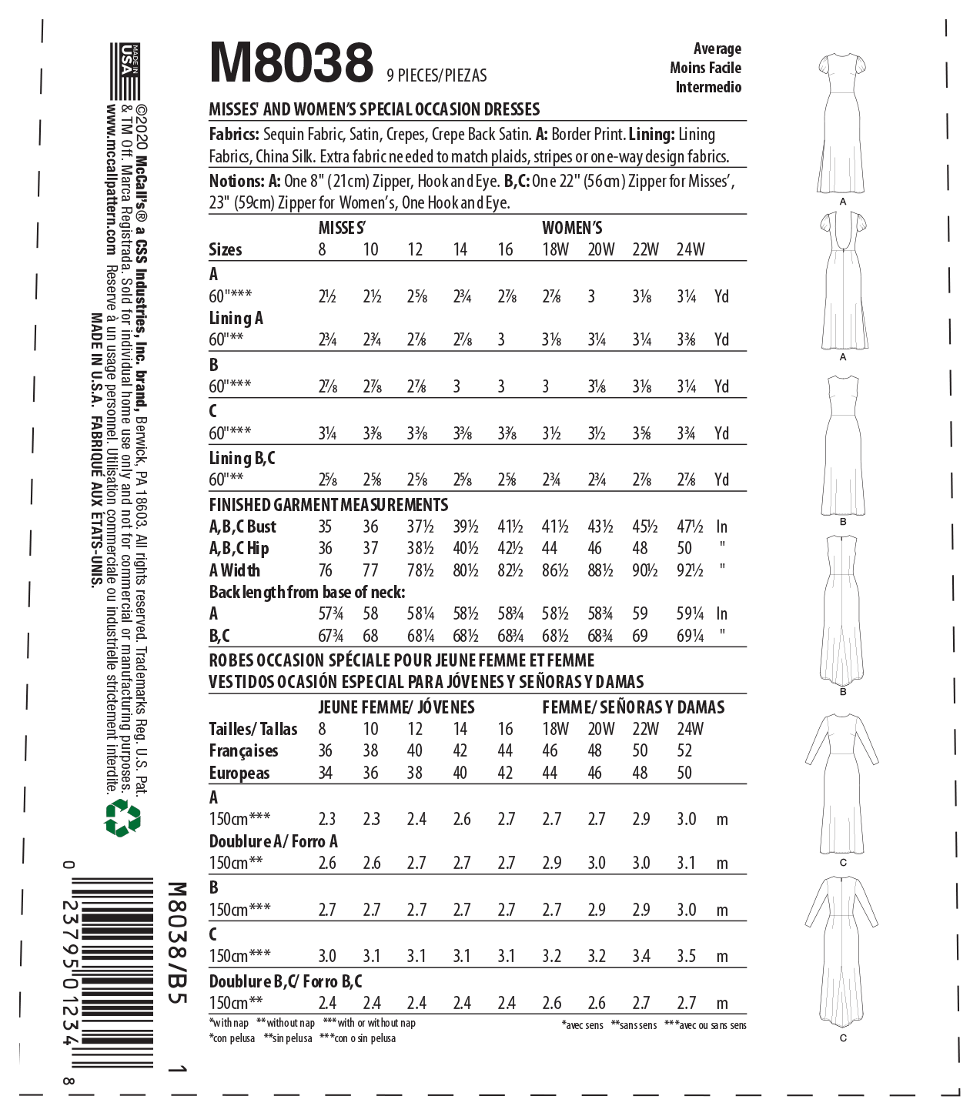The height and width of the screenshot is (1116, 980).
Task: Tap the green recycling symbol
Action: pos(122,817)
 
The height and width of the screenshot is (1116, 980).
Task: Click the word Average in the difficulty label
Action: pos(717,48)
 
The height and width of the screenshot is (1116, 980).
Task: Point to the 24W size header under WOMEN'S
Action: pos(690,249)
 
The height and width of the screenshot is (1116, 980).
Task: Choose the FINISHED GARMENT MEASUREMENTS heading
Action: pos(329,505)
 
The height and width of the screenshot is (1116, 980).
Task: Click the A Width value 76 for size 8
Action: pos(326,570)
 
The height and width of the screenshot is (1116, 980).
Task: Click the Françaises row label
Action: pos(243,751)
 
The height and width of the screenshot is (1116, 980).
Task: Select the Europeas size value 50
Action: pos(684,773)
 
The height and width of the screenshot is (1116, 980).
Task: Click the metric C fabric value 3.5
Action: pos(686,956)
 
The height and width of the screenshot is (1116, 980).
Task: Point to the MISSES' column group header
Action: pos(342,228)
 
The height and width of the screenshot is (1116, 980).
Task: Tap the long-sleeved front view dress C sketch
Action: pos(842,781)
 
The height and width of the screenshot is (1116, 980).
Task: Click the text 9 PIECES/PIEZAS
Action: pos(436,75)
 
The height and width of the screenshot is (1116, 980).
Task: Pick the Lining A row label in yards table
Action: pos(236,318)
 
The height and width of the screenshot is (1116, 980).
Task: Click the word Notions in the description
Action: pos(236,182)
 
